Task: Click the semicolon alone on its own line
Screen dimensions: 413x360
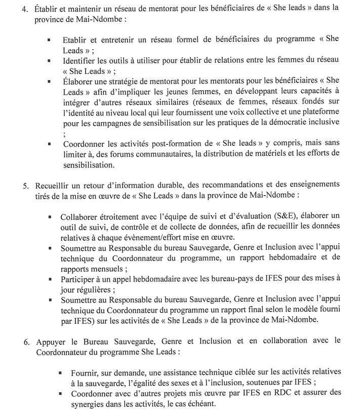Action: [x=64, y=134]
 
